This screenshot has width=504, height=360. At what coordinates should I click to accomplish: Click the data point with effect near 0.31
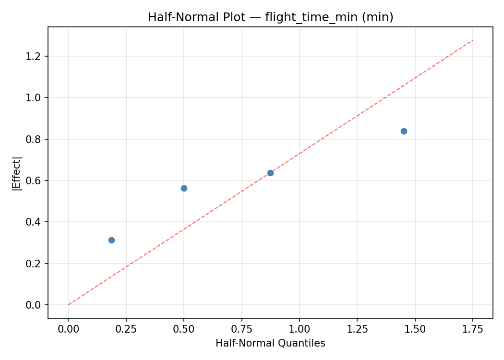tap(111, 240)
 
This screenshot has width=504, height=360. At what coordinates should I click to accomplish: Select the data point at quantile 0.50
tap(184, 188)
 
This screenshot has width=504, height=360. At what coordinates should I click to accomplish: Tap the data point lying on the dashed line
tap(270, 173)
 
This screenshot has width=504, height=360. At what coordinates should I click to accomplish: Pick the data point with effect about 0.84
tap(404, 131)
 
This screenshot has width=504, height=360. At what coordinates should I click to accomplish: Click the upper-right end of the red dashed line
tap(473, 40)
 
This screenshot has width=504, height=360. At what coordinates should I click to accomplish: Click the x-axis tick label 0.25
tap(126, 329)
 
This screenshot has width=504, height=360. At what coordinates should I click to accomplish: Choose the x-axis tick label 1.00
tap(299, 329)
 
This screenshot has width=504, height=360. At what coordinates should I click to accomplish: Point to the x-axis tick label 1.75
tap(472, 329)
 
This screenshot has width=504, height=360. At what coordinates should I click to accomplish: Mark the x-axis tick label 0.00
tap(68, 329)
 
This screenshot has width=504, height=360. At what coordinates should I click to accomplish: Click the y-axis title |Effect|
tap(17, 173)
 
